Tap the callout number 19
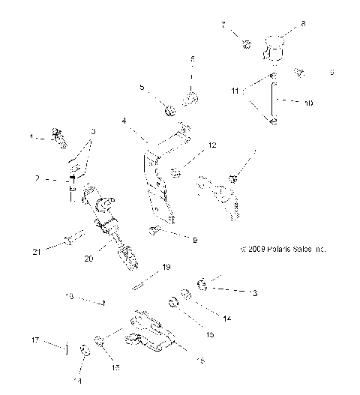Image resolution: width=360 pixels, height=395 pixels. click(167, 266)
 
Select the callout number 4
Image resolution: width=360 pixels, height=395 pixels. click(124, 121)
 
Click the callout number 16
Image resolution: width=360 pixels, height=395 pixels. click(199, 361)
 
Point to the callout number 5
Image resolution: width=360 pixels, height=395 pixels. click(142, 87)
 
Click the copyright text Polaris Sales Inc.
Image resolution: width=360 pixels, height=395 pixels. click(283, 249)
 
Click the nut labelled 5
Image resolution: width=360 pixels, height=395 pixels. click(170, 112)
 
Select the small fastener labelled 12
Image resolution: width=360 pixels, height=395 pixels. click(175, 173)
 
